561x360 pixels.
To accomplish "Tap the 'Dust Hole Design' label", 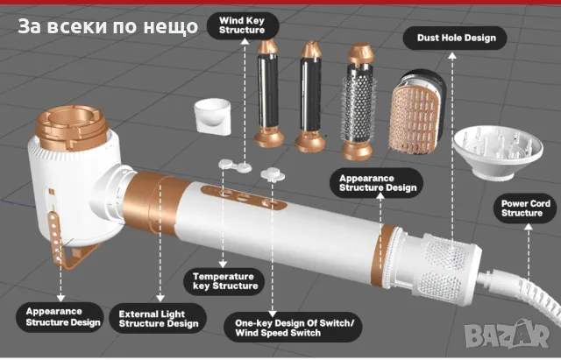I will pyautogui.click(x=450, y=38).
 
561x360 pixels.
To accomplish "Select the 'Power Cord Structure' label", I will pyautogui.click(x=526, y=208).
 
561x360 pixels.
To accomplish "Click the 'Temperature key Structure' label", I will pyautogui.click(x=225, y=281).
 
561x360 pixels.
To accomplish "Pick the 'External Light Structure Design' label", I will pyautogui.click(x=159, y=317).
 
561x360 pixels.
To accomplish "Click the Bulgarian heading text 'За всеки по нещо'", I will pyautogui.click(x=109, y=26).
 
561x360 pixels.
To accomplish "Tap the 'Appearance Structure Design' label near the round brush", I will pyautogui.click(x=377, y=181).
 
